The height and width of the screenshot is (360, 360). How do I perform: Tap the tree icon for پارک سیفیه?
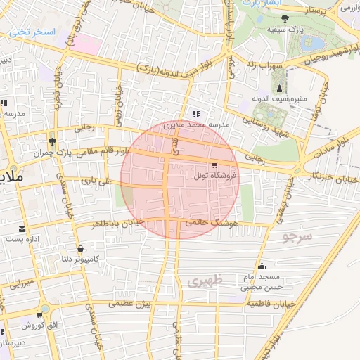tap(284, 18)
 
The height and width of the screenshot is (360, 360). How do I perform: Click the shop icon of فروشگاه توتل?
tap(214, 164)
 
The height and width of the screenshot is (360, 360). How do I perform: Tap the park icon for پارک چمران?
tap(51, 140)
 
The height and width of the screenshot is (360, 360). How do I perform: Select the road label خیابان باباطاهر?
tap(118, 222)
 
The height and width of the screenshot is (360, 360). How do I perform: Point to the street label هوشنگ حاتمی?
tap(213, 222)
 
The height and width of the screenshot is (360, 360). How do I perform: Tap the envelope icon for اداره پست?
tap(22, 229)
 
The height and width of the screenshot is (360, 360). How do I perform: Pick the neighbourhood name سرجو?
tap(296, 236)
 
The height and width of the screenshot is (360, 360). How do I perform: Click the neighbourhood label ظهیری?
tap(205, 280)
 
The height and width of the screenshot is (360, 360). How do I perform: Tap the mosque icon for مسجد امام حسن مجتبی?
tap(262, 266)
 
